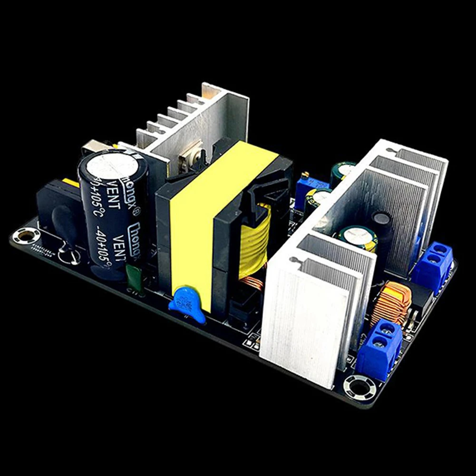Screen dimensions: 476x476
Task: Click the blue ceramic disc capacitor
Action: click(187, 303)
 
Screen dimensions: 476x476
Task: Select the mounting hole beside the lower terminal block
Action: click(360, 387)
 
